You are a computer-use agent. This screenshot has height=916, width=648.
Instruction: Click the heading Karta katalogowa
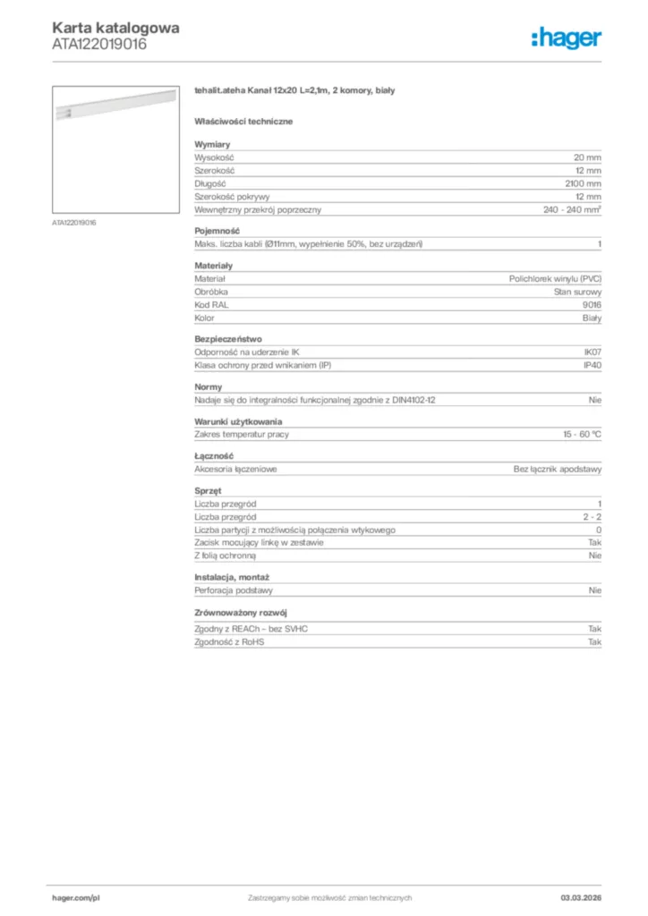point(115,28)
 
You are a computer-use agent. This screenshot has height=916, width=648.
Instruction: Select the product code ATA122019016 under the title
point(99,44)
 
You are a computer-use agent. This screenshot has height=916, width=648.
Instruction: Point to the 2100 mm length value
point(581,183)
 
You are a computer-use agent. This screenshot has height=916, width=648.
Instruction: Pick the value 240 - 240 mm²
point(572,209)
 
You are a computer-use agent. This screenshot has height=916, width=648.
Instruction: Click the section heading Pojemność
point(216,231)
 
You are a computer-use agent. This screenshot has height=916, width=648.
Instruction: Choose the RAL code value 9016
point(592,304)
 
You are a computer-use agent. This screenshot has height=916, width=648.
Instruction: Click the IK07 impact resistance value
point(592,352)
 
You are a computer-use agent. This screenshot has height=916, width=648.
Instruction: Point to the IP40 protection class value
point(592,365)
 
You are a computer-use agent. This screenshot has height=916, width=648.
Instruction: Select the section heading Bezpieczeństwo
point(227,339)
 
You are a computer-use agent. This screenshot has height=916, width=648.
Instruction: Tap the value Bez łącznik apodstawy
point(557,469)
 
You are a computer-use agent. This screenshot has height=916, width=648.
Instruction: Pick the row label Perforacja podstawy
point(234,590)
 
